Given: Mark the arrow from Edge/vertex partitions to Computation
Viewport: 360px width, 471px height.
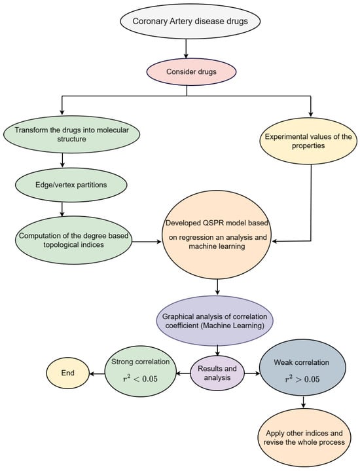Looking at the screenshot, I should pyautogui.click(x=61, y=207).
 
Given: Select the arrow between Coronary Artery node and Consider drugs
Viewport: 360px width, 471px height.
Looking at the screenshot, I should pyautogui.click(x=187, y=47).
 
